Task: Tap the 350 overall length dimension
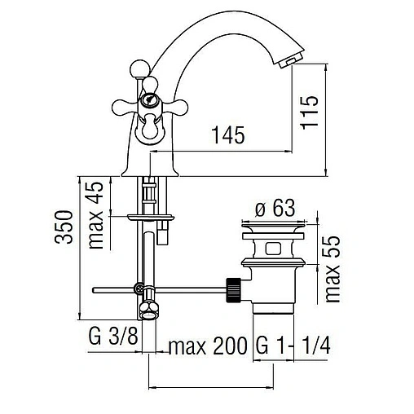70,231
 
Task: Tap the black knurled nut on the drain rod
232,288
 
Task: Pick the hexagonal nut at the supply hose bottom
150,309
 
